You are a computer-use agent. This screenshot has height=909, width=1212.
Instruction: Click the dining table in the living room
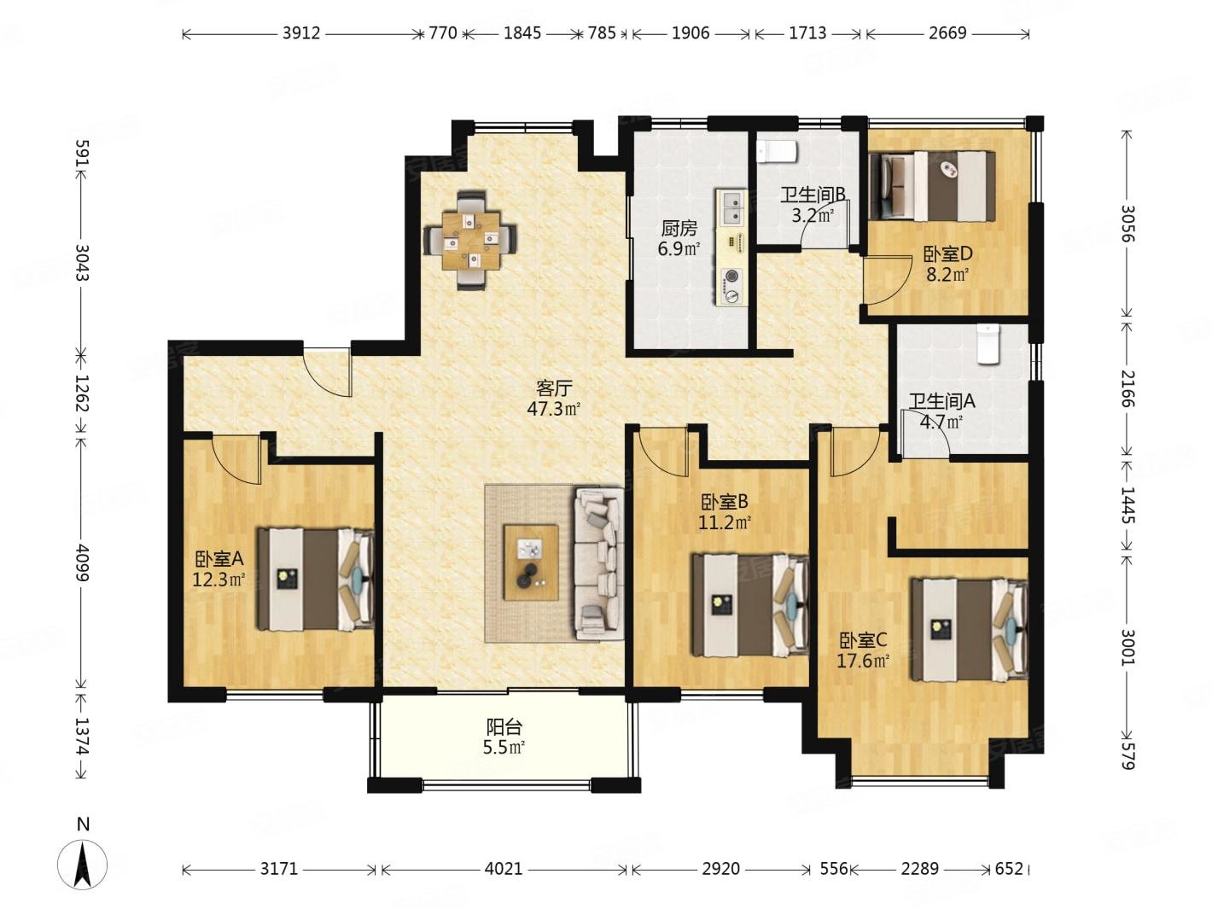[470, 240]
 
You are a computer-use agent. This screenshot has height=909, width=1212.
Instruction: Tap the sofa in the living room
[598, 563]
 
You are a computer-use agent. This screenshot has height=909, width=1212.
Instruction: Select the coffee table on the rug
[530, 562]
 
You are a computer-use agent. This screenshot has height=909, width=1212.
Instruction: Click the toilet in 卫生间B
[777, 151]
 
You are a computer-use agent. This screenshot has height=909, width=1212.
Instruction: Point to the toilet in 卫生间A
[988, 344]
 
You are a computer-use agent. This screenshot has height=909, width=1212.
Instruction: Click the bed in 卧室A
[315, 580]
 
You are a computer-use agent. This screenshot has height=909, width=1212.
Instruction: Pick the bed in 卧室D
[931, 186]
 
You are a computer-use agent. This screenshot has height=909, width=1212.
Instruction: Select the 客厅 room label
[553, 388]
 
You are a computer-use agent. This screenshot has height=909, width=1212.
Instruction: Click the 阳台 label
[504, 727]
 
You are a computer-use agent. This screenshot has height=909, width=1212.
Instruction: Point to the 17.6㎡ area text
[862, 661]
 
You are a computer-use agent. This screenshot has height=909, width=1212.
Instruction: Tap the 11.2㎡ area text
[724, 522]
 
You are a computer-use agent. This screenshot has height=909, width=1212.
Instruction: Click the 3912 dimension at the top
[301, 33]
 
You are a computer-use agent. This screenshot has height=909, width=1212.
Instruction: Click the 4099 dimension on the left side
[82, 562]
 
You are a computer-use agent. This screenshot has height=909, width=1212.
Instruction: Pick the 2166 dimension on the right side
[1127, 388]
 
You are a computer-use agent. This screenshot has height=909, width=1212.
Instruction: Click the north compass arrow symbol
[83, 865]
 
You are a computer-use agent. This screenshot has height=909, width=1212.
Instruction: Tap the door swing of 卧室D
[886, 280]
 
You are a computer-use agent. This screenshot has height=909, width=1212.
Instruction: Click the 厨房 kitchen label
[679, 228]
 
